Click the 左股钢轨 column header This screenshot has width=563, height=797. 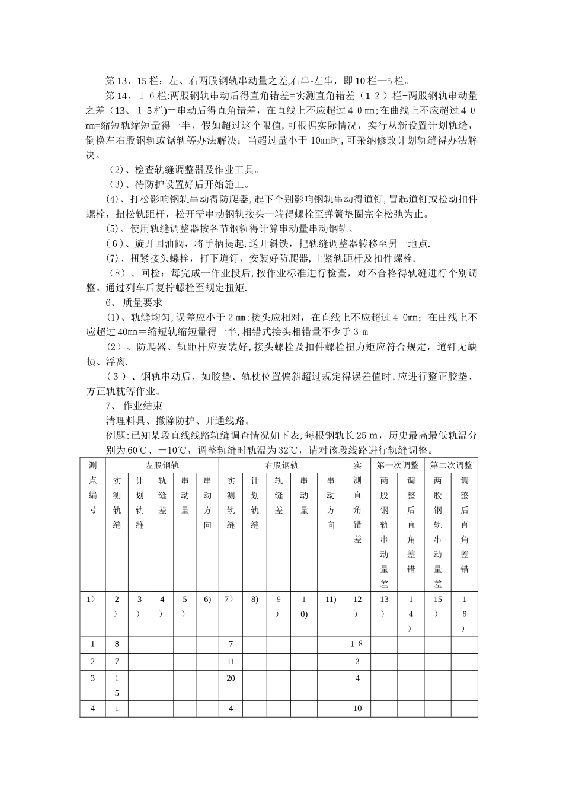162,466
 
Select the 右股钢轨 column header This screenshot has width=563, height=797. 281,466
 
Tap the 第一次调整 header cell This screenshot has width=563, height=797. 398,466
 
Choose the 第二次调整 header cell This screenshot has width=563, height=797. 451,466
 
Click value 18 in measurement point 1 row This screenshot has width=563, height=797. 357,645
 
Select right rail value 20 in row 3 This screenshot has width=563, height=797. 231,678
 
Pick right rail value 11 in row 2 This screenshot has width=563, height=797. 231,661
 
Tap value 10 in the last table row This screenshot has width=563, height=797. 357,708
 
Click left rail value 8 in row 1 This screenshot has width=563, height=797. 117,645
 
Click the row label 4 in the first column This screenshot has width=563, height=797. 92,708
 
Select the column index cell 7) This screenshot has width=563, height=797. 231,600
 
